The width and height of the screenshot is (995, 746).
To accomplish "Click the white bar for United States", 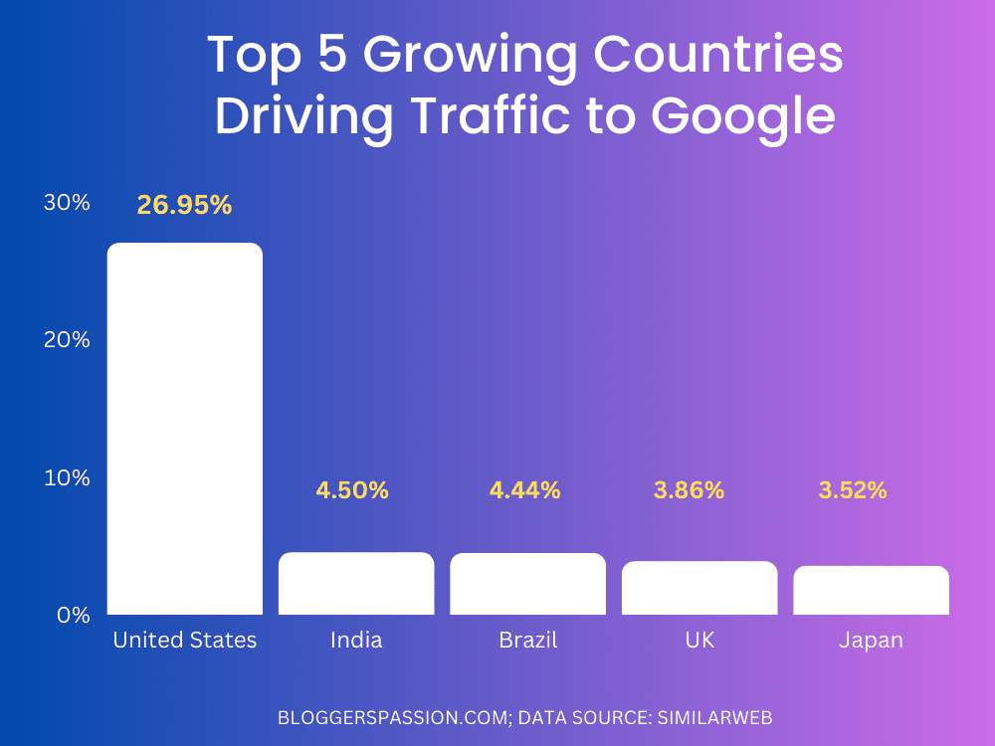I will pos(185,428).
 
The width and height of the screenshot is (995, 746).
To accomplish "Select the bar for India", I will pos(356,584).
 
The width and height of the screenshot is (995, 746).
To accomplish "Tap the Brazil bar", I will pos(527,584).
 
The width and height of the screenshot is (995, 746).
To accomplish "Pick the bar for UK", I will pos(699,588).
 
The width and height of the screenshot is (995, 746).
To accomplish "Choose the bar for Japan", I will pos(871,590).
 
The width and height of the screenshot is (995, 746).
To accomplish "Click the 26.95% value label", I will pos(185,206).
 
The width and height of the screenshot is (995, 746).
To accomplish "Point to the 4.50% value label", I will pos(352,490).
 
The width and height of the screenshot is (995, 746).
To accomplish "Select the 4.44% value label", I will pos(524,490).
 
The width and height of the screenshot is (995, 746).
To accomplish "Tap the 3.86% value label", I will pos(689,490).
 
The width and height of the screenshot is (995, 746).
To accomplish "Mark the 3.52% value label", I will pos(852,490).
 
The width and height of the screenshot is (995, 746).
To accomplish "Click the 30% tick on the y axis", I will pos(67,203).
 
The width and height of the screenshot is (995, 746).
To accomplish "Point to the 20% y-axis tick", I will pos(67,340).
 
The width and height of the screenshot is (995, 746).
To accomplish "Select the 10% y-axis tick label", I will pos(67,477).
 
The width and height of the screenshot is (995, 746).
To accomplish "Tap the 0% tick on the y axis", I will pos(73,615).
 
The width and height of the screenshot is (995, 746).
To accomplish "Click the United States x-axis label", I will pos(185,640).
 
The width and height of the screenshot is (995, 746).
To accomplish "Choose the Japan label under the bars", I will pos(871,641).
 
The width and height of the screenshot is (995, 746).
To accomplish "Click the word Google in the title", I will pos(742,116).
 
